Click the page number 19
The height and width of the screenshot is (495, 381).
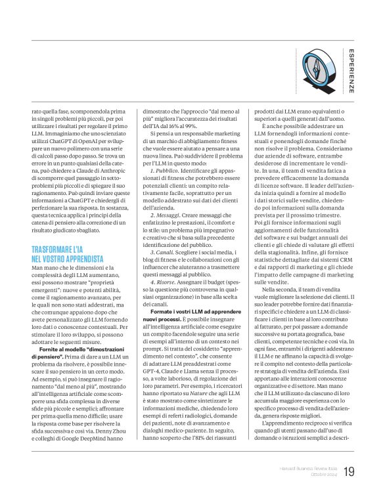coord(348,471)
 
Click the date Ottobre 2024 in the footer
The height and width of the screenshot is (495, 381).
coord(321,475)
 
